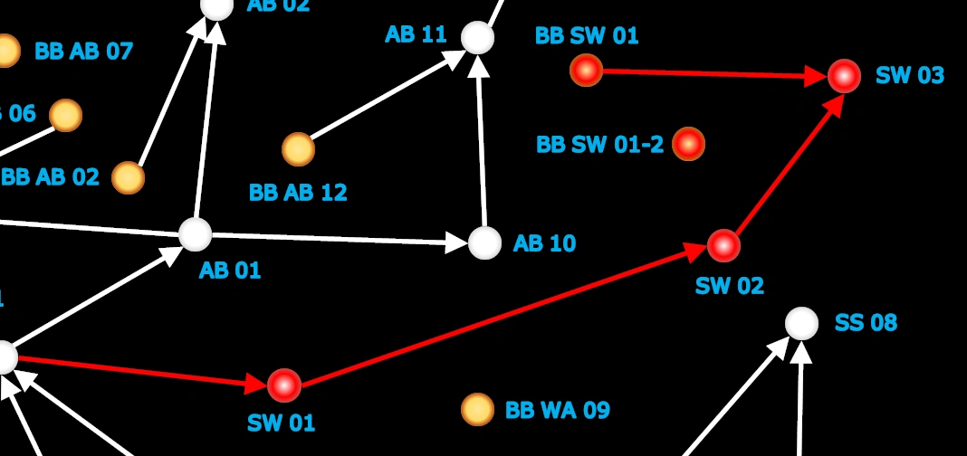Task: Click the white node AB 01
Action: (195, 234)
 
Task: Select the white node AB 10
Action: (484, 242)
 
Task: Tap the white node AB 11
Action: (477, 38)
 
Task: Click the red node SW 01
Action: (284, 385)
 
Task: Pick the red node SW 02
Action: (723, 245)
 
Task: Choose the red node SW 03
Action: (844, 76)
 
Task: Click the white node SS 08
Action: (801, 323)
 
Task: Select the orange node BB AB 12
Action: (298, 149)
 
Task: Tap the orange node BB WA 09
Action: (477, 409)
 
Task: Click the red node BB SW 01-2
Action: (688, 143)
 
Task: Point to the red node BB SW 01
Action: (586, 70)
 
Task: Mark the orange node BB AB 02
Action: (128, 177)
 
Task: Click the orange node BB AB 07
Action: (5, 51)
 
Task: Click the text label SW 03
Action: (909, 76)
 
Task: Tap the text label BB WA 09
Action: (557, 410)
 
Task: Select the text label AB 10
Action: (544, 243)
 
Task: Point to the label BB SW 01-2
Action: (599, 145)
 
